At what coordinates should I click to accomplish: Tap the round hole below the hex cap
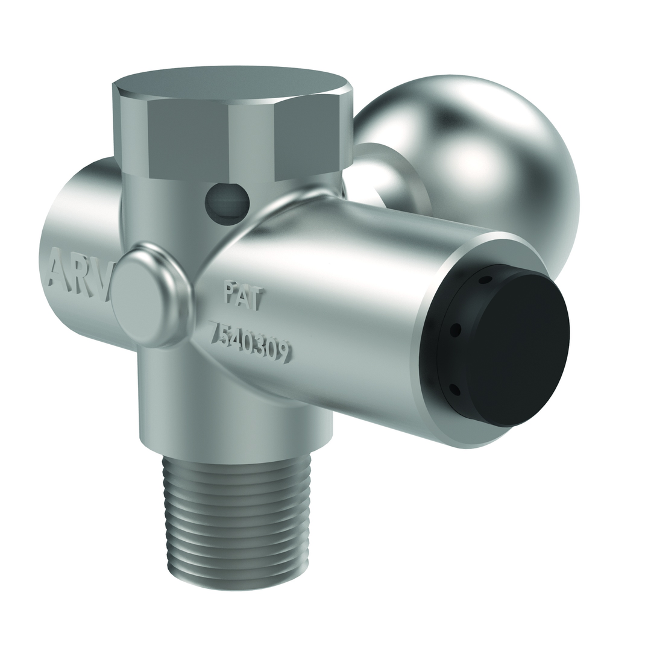point(227,204)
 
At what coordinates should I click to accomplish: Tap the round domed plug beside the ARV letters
point(151,295)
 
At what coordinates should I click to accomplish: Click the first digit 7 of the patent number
point(213,330)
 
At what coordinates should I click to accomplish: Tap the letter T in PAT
point(256,298)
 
